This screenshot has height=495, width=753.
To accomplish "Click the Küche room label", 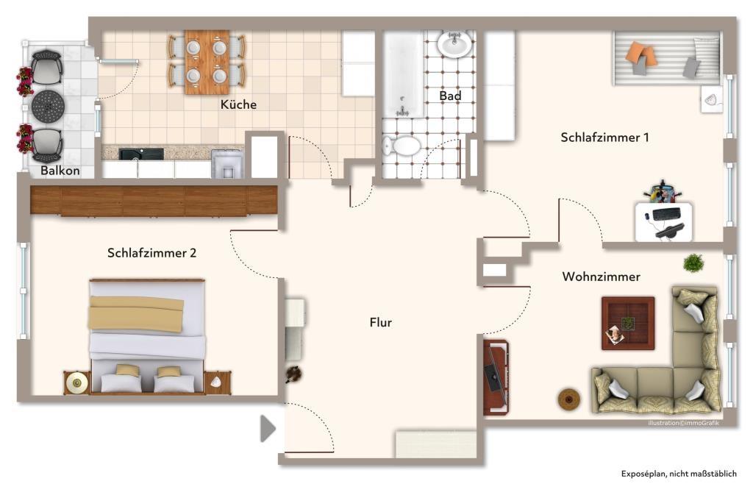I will click(239, 104).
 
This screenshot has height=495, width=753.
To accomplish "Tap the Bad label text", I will click(450, 96).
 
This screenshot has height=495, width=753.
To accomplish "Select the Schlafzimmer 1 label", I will click(604, 138).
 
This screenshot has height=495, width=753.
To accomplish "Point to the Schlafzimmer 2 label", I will click(151, 253).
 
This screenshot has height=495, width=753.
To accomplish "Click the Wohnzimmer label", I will click(601, 277).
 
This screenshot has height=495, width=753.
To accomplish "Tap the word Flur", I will click(380, 322).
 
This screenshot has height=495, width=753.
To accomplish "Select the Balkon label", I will click(60, 171).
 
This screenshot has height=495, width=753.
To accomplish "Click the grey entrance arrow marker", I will click(268, 429).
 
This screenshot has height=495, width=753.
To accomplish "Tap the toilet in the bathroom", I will click(402, 146).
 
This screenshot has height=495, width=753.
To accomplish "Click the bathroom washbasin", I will click(454, 43).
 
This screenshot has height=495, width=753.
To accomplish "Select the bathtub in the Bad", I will click(403, 74).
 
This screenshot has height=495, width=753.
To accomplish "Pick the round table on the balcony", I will click(49, 107).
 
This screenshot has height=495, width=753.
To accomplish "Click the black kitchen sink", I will click(141, 154).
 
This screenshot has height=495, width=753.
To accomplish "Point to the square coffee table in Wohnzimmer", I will click(627, 323).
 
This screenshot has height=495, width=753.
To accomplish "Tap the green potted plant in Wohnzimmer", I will click(693, 263).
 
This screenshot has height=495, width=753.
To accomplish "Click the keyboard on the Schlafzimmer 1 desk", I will click(666, 214).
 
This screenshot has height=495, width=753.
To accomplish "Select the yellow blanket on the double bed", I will click(136, 314).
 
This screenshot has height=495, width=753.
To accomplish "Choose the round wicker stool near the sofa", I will click(568, 399).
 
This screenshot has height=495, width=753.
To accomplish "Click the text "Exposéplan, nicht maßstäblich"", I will click(679, 474).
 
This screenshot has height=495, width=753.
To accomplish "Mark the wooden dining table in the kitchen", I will click(207, 62).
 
